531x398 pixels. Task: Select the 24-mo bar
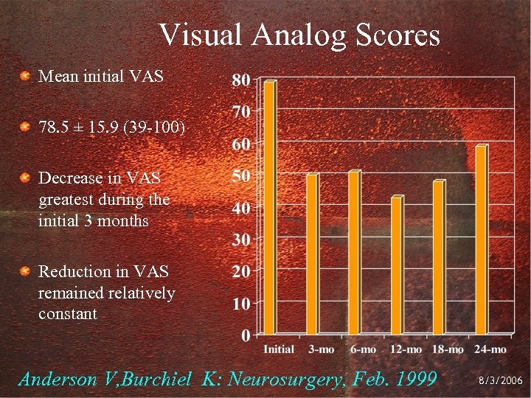[x=481, y=240]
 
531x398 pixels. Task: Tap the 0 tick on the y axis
[x=244, y=335]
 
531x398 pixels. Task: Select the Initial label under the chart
[x=279, y=349]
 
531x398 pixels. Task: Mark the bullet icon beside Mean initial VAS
[x=25, y=76]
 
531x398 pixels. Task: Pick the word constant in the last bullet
[x=67, y=314]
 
